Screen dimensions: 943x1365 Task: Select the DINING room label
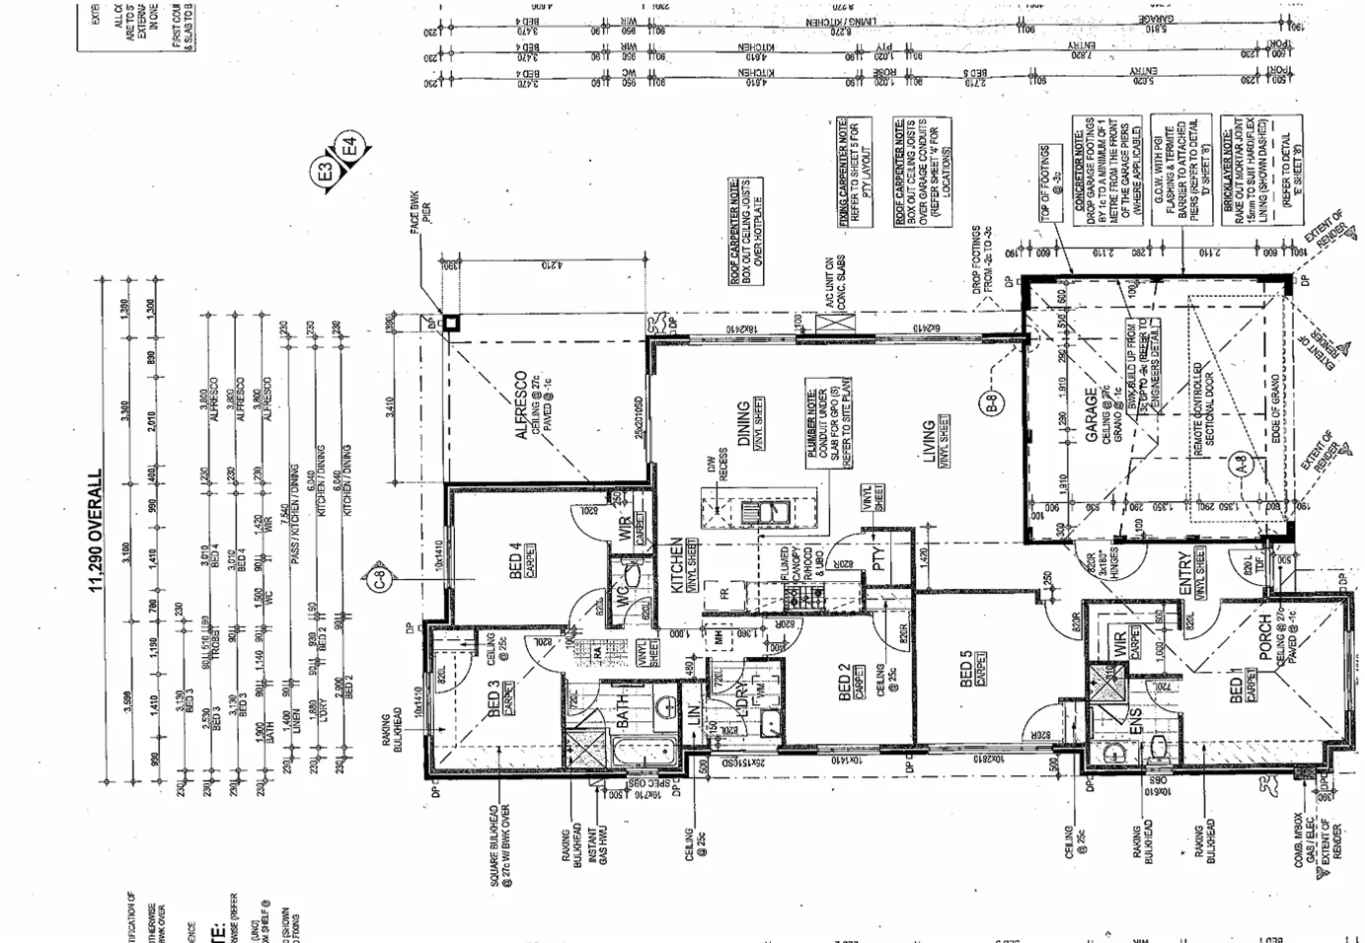[x=744, y=425]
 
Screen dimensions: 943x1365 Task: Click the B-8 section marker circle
[x=993, y=402]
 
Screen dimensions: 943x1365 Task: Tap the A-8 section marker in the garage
[x=1242, y=464]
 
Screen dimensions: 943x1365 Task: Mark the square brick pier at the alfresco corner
[x=450, y=323]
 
